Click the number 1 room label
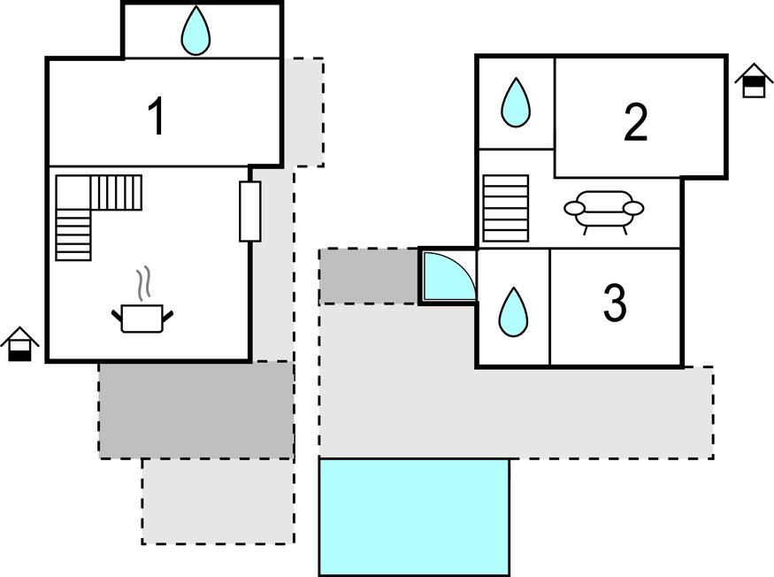click(157, 117)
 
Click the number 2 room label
click(635, 122)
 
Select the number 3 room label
click(615, 303)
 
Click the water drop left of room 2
click(515, 103)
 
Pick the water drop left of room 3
click(512, 312)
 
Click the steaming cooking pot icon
click(142, 316)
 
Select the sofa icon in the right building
click(603, 211)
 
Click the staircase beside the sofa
click(506, 208)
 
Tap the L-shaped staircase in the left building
click(88, 208)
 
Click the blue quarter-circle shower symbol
click(446, 276)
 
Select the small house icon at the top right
click(754, 81)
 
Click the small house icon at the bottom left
click(19, 344)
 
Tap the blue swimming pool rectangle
click(414, 517)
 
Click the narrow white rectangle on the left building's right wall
click(250, 212)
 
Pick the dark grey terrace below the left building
click(195, 410)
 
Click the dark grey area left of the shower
click(369, 276)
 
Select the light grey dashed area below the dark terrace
click(218, 501)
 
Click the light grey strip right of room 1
click(309, 112)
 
